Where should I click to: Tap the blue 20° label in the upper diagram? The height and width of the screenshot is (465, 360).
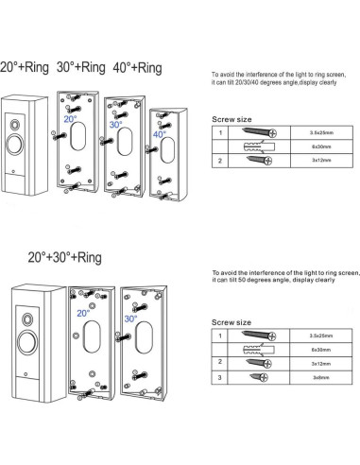71,120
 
